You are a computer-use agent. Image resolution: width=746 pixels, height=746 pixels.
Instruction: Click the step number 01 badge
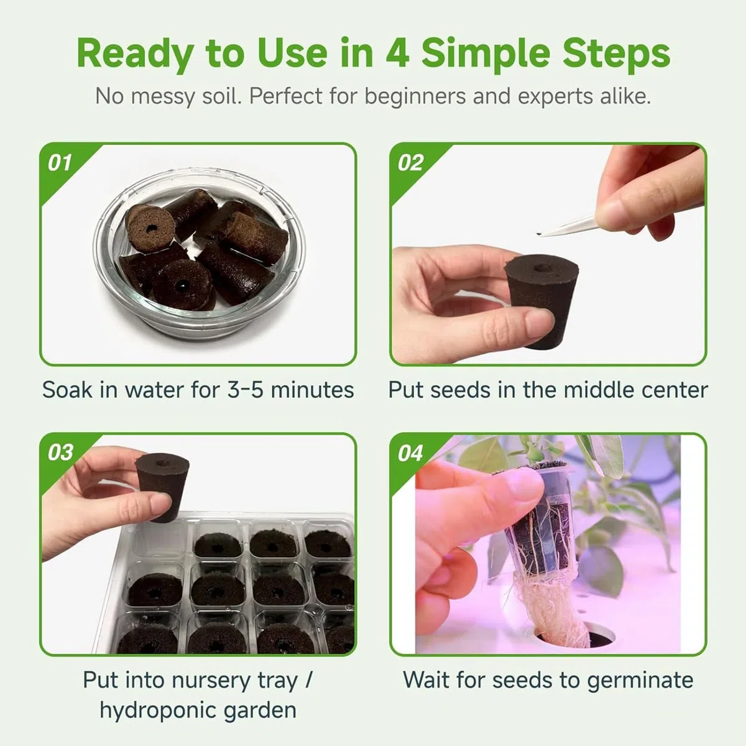point(60,163)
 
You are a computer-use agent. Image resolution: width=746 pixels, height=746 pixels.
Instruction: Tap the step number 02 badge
point(410,163)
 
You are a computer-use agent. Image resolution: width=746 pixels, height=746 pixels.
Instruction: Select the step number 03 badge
point(60,453)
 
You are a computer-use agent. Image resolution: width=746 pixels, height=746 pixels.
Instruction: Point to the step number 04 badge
point(410,453)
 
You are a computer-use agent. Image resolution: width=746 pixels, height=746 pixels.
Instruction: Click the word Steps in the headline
point(616,55)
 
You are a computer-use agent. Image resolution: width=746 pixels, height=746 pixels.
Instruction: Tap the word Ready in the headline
point(136,55)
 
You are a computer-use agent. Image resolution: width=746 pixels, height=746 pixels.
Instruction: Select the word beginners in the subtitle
point(415,96)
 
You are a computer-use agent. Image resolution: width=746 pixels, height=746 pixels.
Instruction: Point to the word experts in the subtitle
point(555,97)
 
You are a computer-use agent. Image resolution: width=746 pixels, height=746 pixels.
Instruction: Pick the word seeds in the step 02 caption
point(461,389)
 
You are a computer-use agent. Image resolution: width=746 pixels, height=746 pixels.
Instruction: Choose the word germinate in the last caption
point(640,681)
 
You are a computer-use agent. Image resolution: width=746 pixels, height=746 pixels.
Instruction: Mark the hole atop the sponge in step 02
point(539,267)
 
